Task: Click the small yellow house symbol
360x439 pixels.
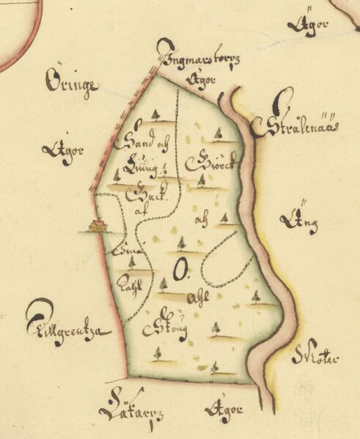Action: coord(98,226)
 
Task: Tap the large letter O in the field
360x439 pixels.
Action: coord(177,272)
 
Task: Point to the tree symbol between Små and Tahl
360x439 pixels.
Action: coord(132,261)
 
